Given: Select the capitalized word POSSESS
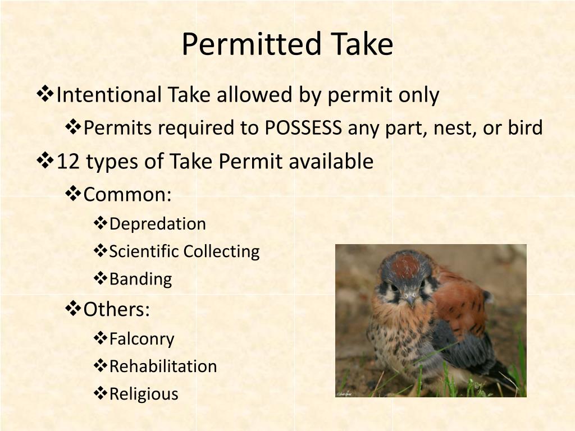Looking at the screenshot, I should click(303, 129).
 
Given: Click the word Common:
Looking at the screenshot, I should click(127, 195).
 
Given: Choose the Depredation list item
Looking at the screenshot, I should click(157, 224).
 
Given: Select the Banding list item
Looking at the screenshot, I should click(140, 279).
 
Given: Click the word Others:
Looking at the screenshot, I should click(117, 309).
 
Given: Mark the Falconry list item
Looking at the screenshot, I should click(142, 339).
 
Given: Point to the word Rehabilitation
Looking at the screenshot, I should click(163, 366).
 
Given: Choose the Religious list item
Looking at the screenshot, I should click(144, 394).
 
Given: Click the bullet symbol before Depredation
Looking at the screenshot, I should click(100, 223).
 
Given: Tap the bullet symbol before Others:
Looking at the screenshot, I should click(74, 309).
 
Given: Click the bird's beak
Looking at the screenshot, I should click(409, 299).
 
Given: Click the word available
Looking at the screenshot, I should click(331, 162).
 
